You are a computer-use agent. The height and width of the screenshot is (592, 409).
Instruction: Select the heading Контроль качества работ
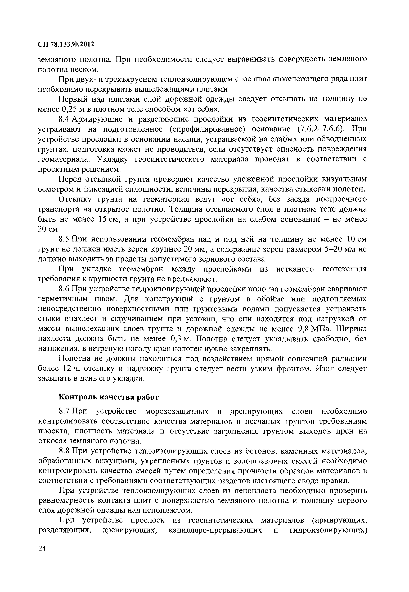click(109, 397)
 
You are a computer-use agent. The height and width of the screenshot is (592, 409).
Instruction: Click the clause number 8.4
click(64, 119)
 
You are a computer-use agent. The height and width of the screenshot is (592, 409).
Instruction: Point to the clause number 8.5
click(64, 239)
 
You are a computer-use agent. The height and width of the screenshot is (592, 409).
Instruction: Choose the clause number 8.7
click(64, 411)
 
